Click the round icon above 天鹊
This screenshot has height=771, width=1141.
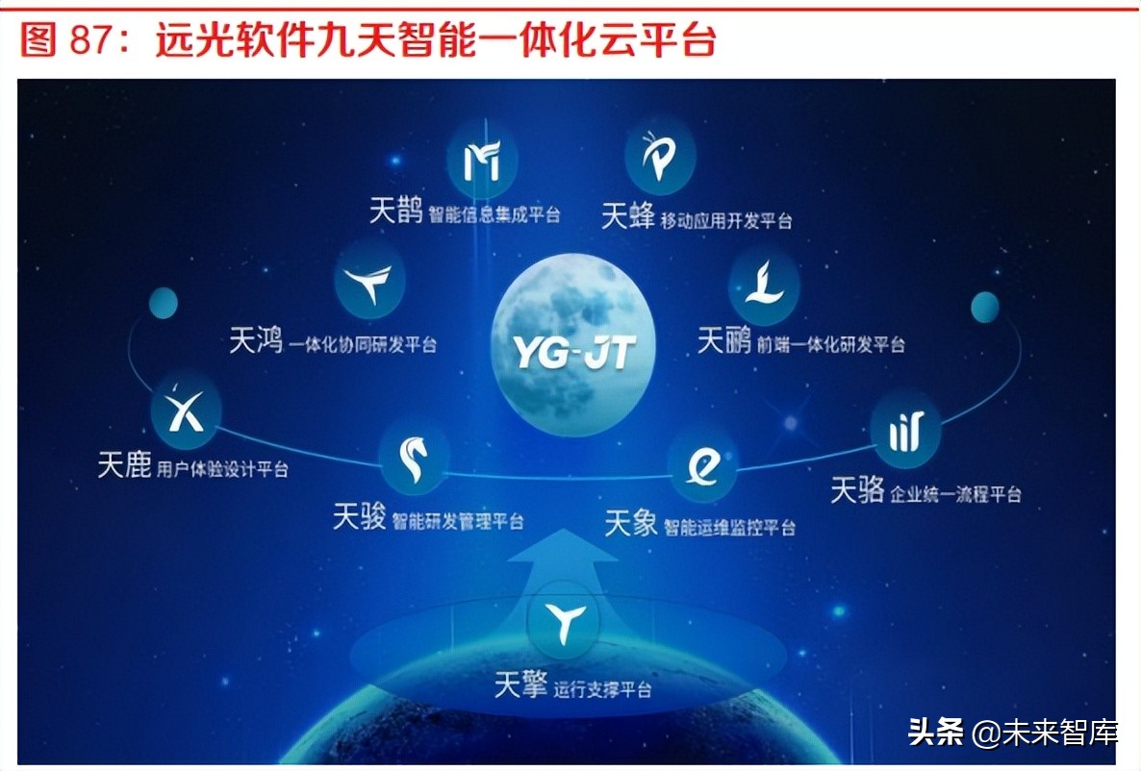(x=482, y=161)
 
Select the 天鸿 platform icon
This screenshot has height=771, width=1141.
(x=370, y=283)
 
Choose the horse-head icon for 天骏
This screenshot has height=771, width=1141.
(x=414, y=459)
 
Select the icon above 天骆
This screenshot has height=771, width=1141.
(x=905, y=429)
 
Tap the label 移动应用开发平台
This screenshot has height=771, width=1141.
(x=726, y=220)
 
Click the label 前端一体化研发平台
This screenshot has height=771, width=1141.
(x=830, y=343)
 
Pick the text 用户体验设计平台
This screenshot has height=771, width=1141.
(x=222, y=469)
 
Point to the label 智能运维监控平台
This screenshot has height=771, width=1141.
(x=729, y=527)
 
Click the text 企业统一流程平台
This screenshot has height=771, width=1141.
(x=955, y=494)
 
